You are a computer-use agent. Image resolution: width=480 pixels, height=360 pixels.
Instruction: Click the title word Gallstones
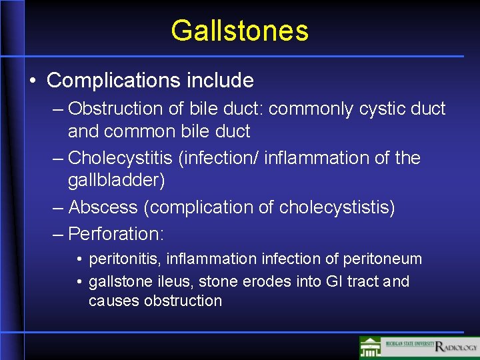pyautogui.click(x=239, y=31)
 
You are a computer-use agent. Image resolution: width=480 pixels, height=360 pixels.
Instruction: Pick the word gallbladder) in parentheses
pyautogui.click(x=116, y=180)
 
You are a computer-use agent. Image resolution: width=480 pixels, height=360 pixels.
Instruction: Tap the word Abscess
pyautogui.click(x=103, y=207)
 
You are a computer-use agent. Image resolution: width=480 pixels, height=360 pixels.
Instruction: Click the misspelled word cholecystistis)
pyautogui.click(x=337, y=207)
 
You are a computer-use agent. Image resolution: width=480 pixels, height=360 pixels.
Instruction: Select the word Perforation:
pyautogui.click(x=116, y=233)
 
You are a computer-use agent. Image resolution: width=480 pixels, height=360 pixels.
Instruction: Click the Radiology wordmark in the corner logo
pyautogui.click(x=457, y=347)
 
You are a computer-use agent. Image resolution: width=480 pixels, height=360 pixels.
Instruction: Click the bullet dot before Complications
pyautogui.click(x=33, y=81)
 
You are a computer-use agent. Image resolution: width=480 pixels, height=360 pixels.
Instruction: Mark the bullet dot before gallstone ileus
pyautogui.click(x=79, y=282)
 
